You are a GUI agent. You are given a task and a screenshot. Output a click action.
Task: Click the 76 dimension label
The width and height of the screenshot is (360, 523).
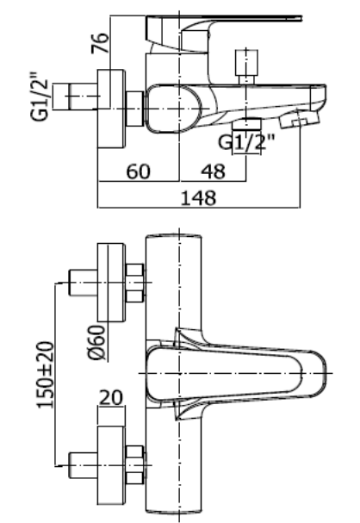click(x=100, y=43)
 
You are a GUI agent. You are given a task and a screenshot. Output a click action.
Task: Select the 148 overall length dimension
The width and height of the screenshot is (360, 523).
click(x=198, y=197)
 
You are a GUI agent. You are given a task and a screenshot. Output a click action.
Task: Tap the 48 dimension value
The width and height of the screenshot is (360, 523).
click(x=213, y=171)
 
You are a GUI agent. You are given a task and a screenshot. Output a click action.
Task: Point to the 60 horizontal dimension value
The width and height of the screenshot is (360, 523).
click(x=139, y=171)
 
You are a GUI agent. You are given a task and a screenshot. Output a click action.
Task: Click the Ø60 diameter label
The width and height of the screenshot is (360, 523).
click(x=97, y=343)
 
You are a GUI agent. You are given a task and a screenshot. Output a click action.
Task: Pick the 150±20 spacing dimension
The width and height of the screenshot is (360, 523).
click(x=45, y=375)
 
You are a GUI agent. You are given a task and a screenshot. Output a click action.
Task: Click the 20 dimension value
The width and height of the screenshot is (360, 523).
click(x=111, y=397)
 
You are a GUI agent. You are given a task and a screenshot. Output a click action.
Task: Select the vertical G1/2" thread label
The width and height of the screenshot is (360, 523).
click(x=40, y=96)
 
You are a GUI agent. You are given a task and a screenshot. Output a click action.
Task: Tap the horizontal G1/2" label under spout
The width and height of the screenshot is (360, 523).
click(x=246, y=142)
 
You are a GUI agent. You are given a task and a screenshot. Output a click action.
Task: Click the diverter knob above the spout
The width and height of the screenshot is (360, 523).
click(x=246, y=66)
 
